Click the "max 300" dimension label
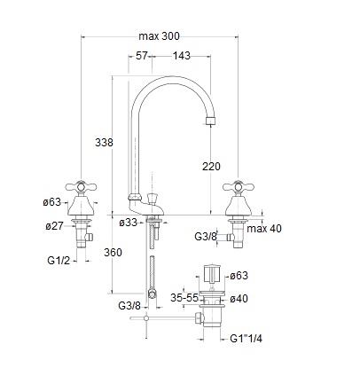[x=159, y=36]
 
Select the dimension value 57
[x=141, y=56]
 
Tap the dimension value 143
[x=182, y=56]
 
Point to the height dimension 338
[x=104, y=143]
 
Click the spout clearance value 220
[x=211, y=167]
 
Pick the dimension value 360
[x=113, y=253]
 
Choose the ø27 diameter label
[x=54, y=226]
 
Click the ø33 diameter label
[x=129, y=223]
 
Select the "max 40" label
[x=264, y=229]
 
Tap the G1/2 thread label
[x=59, y=261]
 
